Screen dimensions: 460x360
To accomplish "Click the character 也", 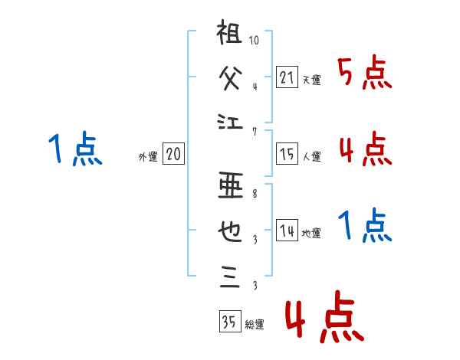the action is coord(231,231).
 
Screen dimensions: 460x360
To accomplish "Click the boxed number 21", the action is coord(287,77).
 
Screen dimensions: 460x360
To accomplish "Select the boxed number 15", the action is coord(287,155).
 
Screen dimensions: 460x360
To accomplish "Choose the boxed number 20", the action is coord(173,155).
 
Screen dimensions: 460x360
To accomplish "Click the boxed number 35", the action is coord(228,322).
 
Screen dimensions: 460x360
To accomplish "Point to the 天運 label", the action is coord(311,80).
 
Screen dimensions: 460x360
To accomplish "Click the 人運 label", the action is coord(311,157).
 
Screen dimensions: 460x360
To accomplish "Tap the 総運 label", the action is coord(254,325).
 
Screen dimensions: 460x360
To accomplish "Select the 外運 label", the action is coord(148,157).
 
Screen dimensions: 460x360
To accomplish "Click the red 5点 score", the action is coord(365,74).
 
